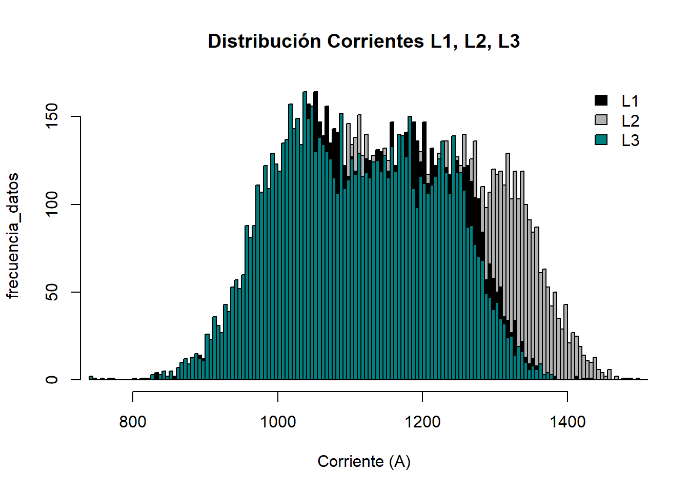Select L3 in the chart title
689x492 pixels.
tap(509, 41)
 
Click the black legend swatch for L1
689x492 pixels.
tap(601, 100)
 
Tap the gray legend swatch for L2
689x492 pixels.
tap(601, 120)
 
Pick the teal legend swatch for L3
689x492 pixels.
tap(601, 139)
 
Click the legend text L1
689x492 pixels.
tap(630, 101)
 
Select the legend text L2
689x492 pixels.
tap(630, 120)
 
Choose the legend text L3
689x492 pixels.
tap(630, 140)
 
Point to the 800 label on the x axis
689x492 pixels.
tap(133, 422)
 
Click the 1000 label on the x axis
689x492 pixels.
tap(278, 422)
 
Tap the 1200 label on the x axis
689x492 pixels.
tap(422, 422)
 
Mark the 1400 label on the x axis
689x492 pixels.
tap(568, 422)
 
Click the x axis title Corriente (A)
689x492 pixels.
tap(364, 461)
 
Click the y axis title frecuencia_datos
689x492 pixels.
tap(13, 235)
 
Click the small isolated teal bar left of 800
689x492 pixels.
tap(91, 378)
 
